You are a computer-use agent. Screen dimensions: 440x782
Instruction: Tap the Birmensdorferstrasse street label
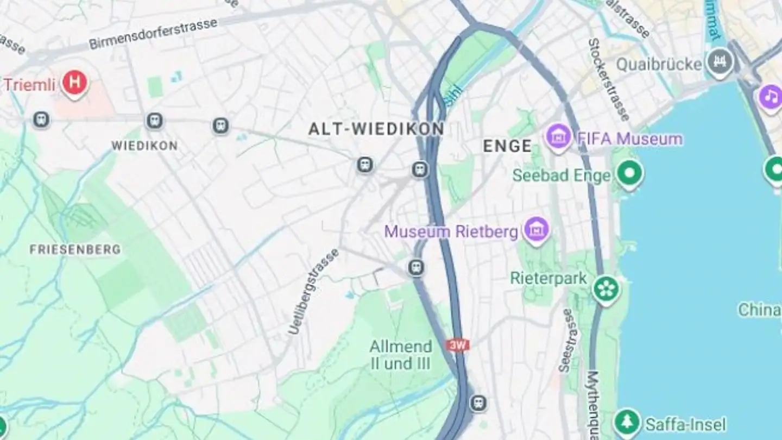coord(153,34)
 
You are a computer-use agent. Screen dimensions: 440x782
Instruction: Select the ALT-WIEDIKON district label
coord(376,129)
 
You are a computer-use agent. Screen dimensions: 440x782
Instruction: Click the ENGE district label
coord(507,146)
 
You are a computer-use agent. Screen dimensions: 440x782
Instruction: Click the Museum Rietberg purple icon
coord(537,230)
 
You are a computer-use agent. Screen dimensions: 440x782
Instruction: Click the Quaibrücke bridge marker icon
coord(721,61)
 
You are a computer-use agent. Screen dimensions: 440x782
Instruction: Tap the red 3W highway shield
coord(457,345)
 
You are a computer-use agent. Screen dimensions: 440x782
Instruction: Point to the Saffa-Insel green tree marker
coord(627,422)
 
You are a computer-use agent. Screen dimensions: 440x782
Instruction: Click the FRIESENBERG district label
coord(75,250)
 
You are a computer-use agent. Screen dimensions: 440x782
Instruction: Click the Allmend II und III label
coord(401,355)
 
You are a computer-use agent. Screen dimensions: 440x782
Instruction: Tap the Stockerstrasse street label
coord(608,79)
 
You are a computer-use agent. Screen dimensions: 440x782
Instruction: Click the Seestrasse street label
coord(567,340)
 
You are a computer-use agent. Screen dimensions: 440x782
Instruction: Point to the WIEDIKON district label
coord(144,146)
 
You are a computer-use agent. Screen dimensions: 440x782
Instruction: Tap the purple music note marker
coord(770,97)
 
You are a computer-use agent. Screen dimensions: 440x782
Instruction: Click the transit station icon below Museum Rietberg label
coord(416,267)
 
